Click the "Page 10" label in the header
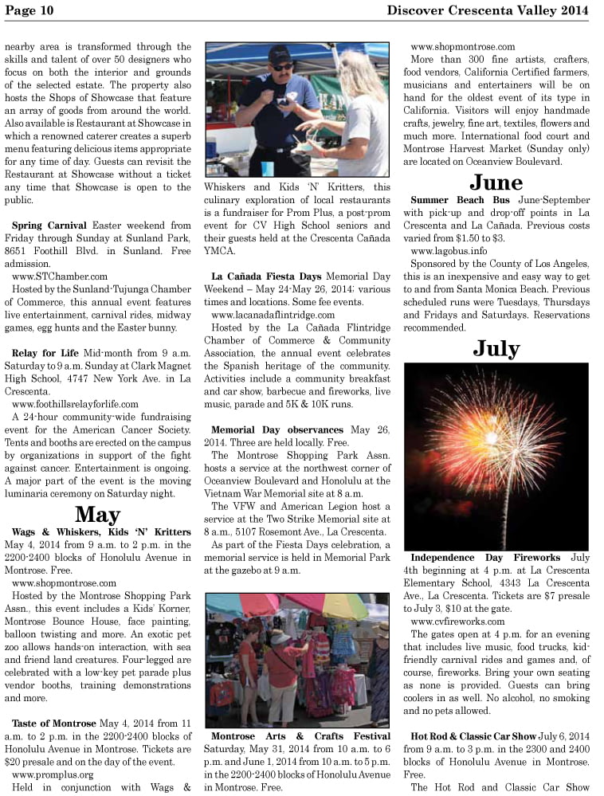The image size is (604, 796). pos(29,10)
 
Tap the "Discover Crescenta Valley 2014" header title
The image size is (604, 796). pos(488,10)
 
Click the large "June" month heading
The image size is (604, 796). pos(496,182)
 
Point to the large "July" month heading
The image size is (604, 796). pos(496,348)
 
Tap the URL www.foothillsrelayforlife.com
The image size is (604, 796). pos(75,404)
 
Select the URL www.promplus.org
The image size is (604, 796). pos(53,774)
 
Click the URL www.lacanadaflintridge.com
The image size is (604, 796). pos(273,315)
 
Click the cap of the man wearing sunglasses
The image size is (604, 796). pos(280,53)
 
